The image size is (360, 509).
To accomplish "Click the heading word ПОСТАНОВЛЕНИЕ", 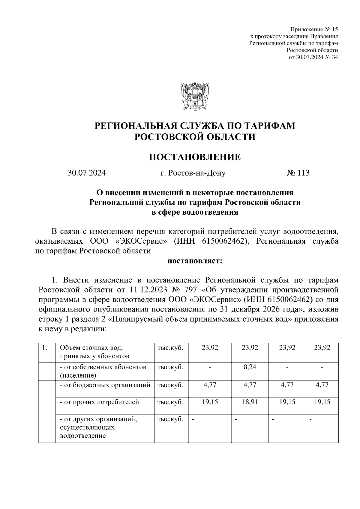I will tap(195, 157).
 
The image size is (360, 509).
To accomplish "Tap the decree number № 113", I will tap(298, 173).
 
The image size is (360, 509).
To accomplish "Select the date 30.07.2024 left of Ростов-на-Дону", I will tap(87, 173).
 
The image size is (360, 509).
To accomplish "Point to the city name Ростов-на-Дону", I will tap(193, 173).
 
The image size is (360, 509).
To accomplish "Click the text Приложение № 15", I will tap(314, 30).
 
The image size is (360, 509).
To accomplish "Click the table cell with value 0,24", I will tap(250, 367).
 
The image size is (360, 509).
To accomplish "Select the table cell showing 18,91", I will tap(250, 402).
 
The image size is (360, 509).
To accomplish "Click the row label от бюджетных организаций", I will tap(105, 385).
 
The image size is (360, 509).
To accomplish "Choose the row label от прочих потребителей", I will tap(100, 402).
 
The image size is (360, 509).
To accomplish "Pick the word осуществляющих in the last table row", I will tap(87, 427).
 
